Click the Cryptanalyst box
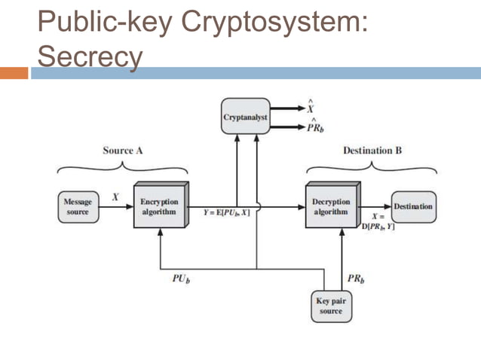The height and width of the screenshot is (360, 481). click(x=245, y=117)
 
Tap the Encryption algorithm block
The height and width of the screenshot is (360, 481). click(x=160, y=206)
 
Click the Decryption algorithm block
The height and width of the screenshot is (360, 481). click(x=331, y=206)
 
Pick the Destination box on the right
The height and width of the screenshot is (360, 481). click(x=414, y=206)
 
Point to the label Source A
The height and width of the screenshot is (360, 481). click(x=123, y=151)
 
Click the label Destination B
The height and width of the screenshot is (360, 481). click(x=372, y=151)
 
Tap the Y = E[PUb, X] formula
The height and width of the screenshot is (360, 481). click(x=227, y=213)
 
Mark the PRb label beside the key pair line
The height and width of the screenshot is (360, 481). click(x=356, y=279)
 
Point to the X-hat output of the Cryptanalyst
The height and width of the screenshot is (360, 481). click(x=311, y=108)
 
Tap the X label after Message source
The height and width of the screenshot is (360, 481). click(x=115, y=197)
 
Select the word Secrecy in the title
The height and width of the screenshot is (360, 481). click(x=90, y=55)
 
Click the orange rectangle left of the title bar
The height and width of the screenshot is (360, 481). click(x=14, y=73)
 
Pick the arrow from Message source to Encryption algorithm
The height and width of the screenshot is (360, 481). click(x=118, y=207)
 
